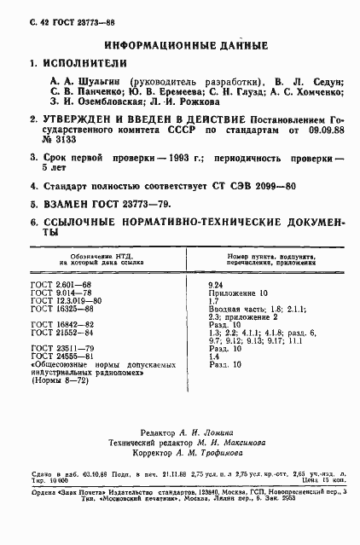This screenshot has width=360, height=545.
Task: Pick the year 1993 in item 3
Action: [163, 159]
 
